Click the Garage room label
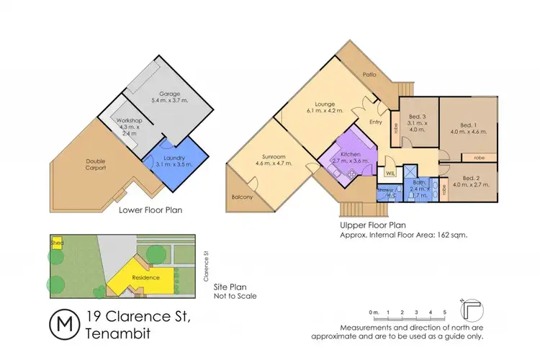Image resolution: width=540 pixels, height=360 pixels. click(168, 94)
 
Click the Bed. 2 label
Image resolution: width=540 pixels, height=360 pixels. click(471, 178)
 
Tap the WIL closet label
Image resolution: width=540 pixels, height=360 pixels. click(390, 174)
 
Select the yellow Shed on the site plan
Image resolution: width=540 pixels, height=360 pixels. click(56, 243)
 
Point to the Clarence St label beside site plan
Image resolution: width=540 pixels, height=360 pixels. click(205, 258)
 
